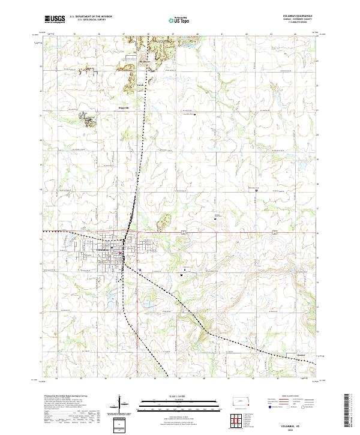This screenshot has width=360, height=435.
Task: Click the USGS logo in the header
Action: tap(55, 19)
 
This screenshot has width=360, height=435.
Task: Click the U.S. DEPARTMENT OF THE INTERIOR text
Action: tap(91, 16)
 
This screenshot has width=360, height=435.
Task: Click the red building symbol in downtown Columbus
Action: tap(121, 253)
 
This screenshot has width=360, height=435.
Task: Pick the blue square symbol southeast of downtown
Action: tap(139, 271)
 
